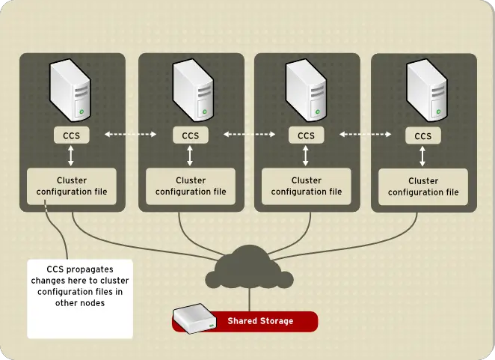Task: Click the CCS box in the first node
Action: [x=71, y=135]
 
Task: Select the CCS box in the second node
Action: [x=189, y=135]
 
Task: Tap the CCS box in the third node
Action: [x=306, y=135]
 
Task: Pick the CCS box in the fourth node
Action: [x=422, y=135]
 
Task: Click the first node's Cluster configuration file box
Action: [x=72, y=186]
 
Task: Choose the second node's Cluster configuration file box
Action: [x=190, y=186]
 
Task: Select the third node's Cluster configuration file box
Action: [x=306, y=186]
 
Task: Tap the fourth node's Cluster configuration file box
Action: [x=423, y=186]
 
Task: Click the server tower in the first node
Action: [x=71, y=90]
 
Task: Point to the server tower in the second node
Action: [x=189, y=90]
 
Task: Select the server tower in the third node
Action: [x=306, y=90]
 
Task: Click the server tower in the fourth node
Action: [x=422, y=90]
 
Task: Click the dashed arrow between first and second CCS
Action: [x=130, y=135]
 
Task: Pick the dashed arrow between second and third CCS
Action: [x=248, y=135]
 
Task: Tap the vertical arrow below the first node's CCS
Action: [x=71, y=156]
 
